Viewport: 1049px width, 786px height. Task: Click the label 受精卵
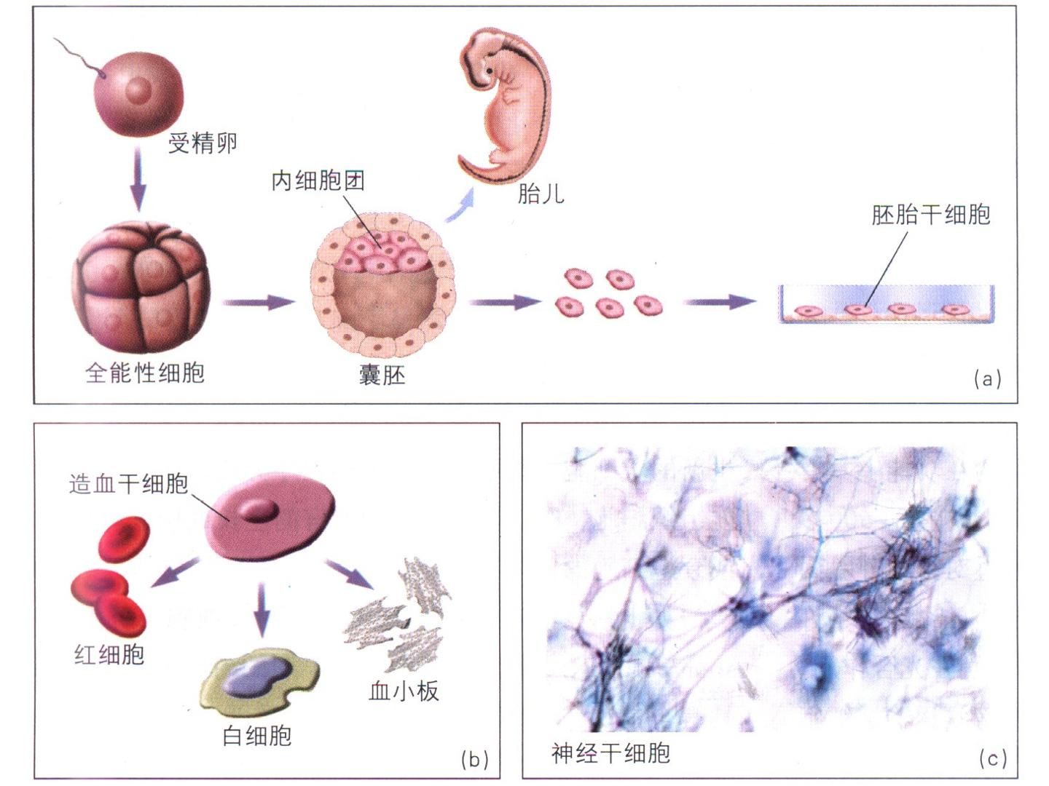click(x=203, y=143)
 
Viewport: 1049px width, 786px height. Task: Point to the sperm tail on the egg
click(x=79, y=57)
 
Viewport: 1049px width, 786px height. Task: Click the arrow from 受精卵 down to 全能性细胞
click(x=138, y=178)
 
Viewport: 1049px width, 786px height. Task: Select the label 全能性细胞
click(x=145, y=373)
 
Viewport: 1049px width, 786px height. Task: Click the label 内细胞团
click(x=318, y=181)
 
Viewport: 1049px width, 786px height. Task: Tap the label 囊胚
click(x=382, y=375)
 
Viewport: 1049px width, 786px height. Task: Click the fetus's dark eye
click(x=490, y=71)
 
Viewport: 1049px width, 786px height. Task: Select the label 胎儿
click(x=541, y=194)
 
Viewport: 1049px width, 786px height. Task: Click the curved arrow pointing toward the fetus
click(x=460, y=205)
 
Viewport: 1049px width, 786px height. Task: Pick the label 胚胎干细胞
click(x=930, y=215)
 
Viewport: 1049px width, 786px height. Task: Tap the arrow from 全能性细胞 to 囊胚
click(x=259, y=302)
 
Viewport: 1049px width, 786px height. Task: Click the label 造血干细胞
click(x=128, y=484)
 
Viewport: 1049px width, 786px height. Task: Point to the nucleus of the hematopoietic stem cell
click(x=258, y=510)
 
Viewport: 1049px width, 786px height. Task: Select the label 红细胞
click(x=109, y=654)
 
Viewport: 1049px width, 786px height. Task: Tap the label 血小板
click(x=404, y=691)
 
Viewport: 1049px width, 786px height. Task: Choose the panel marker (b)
click(x=474, y=759)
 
